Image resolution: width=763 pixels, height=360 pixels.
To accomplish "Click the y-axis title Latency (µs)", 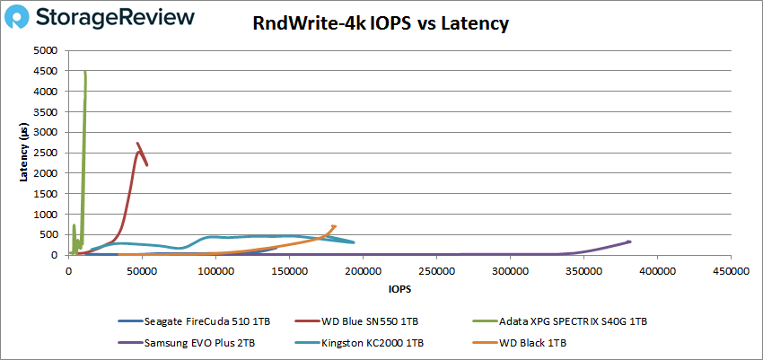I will coord(24,154).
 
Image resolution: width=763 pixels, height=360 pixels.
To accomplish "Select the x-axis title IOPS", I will coord(399,290).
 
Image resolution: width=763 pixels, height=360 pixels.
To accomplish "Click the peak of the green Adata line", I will coord(85,73).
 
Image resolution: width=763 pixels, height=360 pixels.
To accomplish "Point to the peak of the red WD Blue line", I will coord(138,144).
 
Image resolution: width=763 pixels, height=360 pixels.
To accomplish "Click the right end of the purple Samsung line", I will coord(629,241).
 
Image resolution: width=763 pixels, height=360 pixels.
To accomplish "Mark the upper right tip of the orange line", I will coord(335,226).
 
